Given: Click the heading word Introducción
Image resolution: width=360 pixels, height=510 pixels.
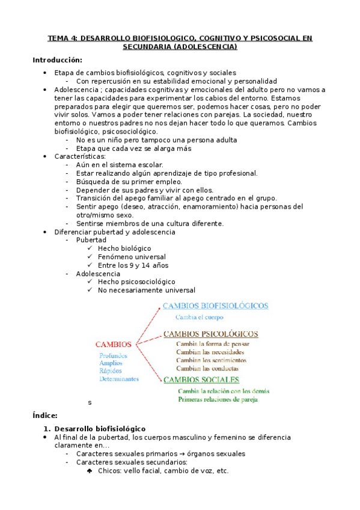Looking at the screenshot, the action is [57, 60].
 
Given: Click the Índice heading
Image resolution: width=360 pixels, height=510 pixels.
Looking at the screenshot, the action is [44, 416].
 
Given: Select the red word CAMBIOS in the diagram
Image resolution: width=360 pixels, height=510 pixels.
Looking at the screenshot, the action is [114, 345].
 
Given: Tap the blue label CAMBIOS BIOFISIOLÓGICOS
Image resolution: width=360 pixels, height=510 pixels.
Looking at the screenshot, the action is [216, 306].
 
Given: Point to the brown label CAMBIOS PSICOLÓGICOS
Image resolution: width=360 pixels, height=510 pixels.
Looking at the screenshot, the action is [211, 334].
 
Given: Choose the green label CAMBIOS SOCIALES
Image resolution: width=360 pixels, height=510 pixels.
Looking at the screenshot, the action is [201, 379].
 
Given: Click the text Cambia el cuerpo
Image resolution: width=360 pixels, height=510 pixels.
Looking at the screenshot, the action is [200, 317].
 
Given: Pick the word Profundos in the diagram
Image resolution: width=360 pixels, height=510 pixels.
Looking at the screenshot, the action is [114, 355].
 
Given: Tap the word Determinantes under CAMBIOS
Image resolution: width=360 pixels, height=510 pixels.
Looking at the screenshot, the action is [119, 379].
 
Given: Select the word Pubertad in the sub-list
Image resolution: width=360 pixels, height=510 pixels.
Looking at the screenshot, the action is [91, 240].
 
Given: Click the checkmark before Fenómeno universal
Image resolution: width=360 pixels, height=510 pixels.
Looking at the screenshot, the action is [90, 257].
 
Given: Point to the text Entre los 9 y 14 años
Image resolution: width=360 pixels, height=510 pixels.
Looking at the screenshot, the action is [133, 265].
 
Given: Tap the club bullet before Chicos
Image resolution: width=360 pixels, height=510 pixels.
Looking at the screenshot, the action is [90, 471].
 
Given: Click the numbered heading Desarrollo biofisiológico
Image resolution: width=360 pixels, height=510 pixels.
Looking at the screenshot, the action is [96, 428].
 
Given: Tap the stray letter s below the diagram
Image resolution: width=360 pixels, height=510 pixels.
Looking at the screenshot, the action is [90, 402].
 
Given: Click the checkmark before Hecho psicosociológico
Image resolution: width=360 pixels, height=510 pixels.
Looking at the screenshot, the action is [90, 281].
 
